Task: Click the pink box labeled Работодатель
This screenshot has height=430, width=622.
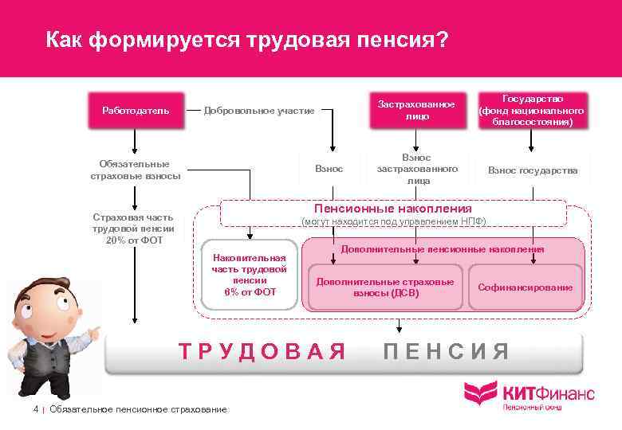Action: pyautogui.click(x=136, y=111)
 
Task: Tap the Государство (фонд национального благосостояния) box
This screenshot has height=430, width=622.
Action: pyautogui.click(x=531, y=111)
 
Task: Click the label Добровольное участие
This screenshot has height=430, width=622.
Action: pyautogui.click(x=259, y=111)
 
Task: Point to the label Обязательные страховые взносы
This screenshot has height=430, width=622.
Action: pyautogui.click(x=136, y=170)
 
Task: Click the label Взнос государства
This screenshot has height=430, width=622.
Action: pyautogui.click(x=533, y=170)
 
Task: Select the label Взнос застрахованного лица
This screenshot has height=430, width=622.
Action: pyautogui.click(x=417, y=170)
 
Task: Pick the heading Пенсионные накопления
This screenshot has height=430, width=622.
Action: pyautogui.click(x=394, y=209)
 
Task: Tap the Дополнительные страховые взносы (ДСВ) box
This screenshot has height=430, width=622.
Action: pyautogui.click(x=385, y=287)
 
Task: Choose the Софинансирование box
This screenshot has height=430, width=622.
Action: pyautogui.click(x=525, y=287)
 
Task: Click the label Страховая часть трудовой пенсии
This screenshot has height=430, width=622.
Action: pyautogui.click(x=132, y=228)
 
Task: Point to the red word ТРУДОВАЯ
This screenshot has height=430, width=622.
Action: pyautogui.click(x=263, y=350)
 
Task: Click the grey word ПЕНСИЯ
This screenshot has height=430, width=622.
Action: pyautogui.click(x=446, y=350)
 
